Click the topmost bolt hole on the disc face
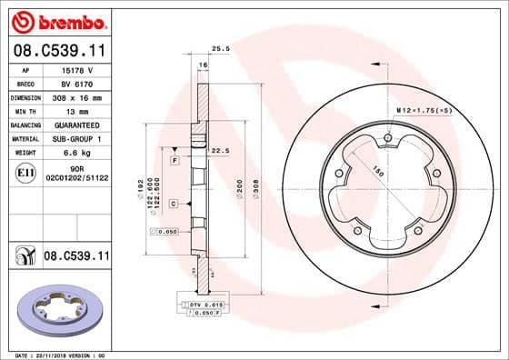pyautogui.click(x=388, y=137)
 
